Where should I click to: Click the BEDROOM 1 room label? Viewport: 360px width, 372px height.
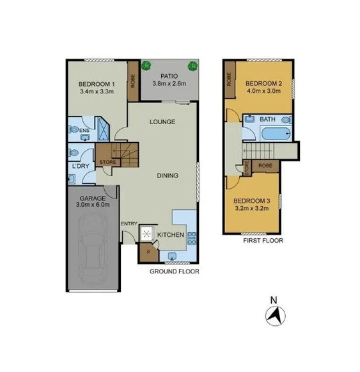tap(97, 84)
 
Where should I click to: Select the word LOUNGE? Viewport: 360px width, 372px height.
tap(162, 122)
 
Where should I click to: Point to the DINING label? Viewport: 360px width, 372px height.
tap(168, 175)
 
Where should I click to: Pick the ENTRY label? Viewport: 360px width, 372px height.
tap(129, 223)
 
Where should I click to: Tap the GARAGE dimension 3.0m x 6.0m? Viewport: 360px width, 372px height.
tap(93, 206)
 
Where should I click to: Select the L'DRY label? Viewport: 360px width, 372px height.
tap(81, 168)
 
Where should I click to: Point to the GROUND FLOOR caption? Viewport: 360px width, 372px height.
tap(175, 271)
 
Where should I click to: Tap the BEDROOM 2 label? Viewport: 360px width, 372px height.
tap(263, 83)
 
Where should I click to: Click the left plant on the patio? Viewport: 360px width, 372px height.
tap(146, 65)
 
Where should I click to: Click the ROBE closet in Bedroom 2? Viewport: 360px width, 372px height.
tap(228, 79)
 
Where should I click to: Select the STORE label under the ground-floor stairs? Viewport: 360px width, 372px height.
tap(107, 162)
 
